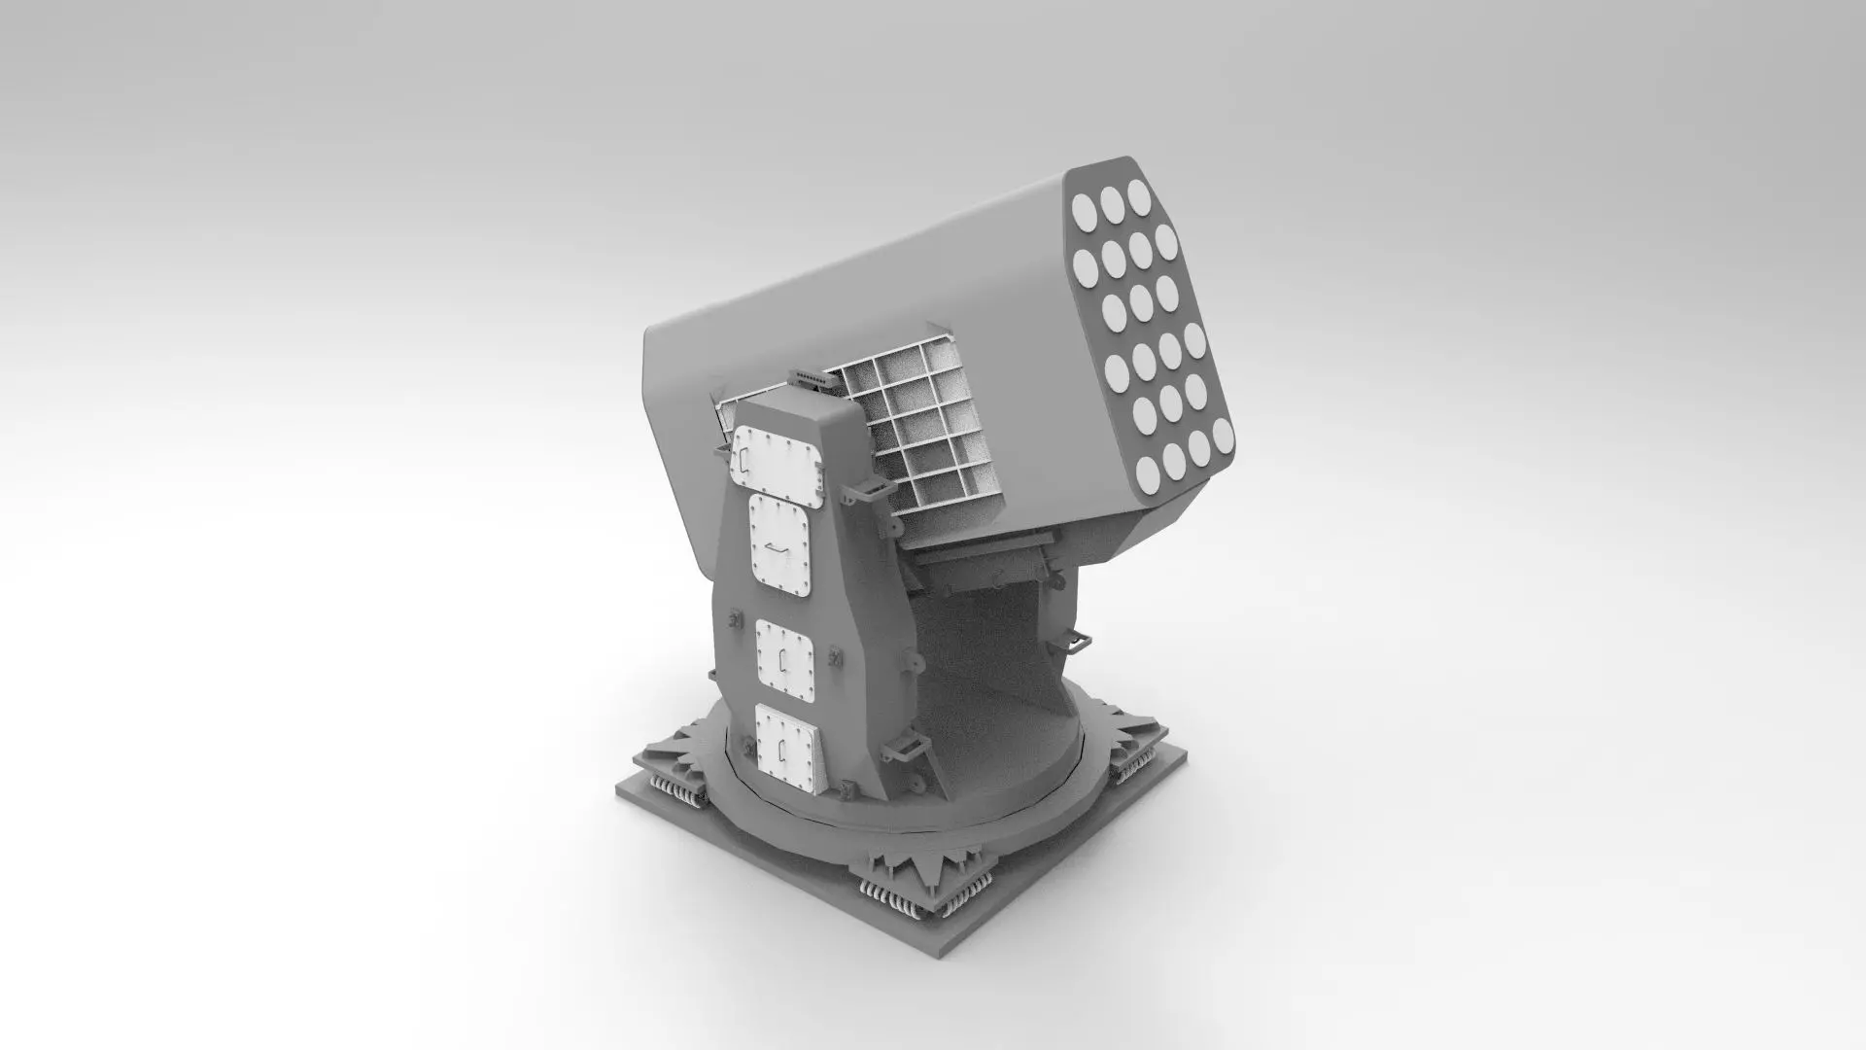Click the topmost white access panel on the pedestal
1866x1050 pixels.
pyautogui.click(x=777, y=457)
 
